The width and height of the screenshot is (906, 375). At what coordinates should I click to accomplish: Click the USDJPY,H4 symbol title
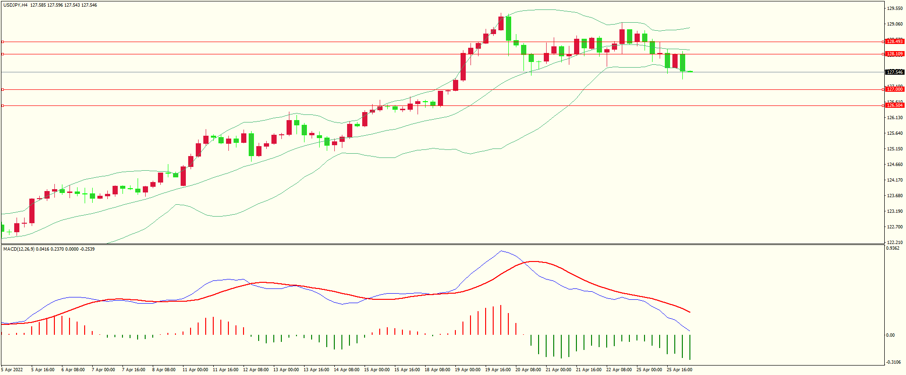[x=15, y=5]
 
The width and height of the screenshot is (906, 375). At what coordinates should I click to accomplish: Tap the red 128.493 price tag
[x=895, y=42]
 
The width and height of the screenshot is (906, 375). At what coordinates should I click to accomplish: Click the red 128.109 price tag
[x=895, y=54]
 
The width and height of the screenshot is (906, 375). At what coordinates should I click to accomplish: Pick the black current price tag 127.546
[x=895, y=72]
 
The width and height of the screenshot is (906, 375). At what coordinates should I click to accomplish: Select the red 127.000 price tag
[x=895, y=89]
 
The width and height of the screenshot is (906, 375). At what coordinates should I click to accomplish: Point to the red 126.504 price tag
[x=895, y=105]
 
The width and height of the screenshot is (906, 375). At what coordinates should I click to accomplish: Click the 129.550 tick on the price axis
[x=895, y=9]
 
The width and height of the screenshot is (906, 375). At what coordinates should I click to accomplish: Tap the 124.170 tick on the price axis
[x=895, y=180]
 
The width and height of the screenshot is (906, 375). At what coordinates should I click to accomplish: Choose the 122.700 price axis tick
[x=895, y=227]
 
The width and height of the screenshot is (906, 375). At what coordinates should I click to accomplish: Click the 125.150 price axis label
[x=895, y=149]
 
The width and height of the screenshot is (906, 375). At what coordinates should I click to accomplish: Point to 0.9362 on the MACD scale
[x=892, y=248]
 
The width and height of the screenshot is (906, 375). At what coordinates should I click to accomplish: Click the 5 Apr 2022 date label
[x=12, y=370]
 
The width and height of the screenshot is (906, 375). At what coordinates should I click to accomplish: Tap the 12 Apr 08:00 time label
[x=256, y=370]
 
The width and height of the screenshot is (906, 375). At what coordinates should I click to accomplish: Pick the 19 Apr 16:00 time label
[x=498, y=370]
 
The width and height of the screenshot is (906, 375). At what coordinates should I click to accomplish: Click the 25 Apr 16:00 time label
[x=679, y=370]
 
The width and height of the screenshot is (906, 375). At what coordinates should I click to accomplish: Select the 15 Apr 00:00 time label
[x=377, y=370]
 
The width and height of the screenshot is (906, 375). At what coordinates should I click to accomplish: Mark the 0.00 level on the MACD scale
[x=890, y=335]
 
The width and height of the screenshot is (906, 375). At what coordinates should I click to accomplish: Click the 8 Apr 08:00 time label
[x=164, y=370]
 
